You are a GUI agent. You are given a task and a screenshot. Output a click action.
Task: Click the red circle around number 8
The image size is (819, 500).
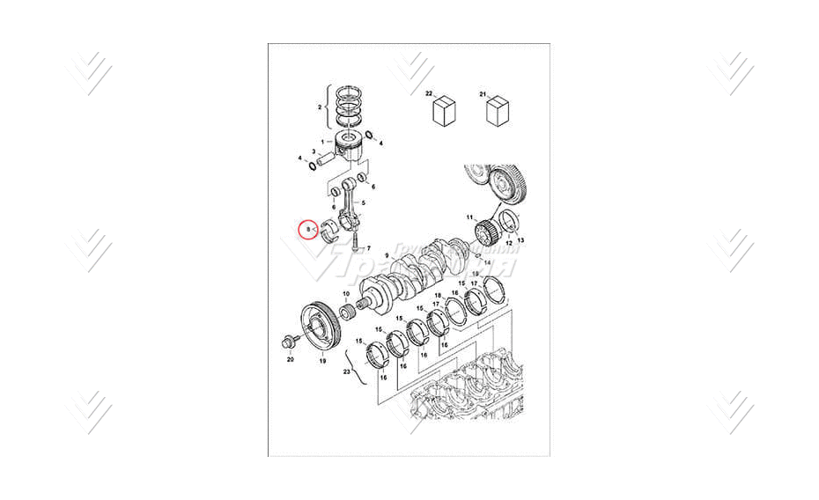point(306,231)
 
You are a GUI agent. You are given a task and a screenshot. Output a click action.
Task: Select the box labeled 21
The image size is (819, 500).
point(498,112)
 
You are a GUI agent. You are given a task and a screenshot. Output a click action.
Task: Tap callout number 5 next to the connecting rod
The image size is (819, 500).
point(364,203)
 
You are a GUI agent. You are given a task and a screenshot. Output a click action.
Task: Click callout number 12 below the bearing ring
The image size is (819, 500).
point(508,242)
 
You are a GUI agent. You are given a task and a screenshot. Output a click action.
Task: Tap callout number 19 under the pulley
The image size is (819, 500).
point(321,360)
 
